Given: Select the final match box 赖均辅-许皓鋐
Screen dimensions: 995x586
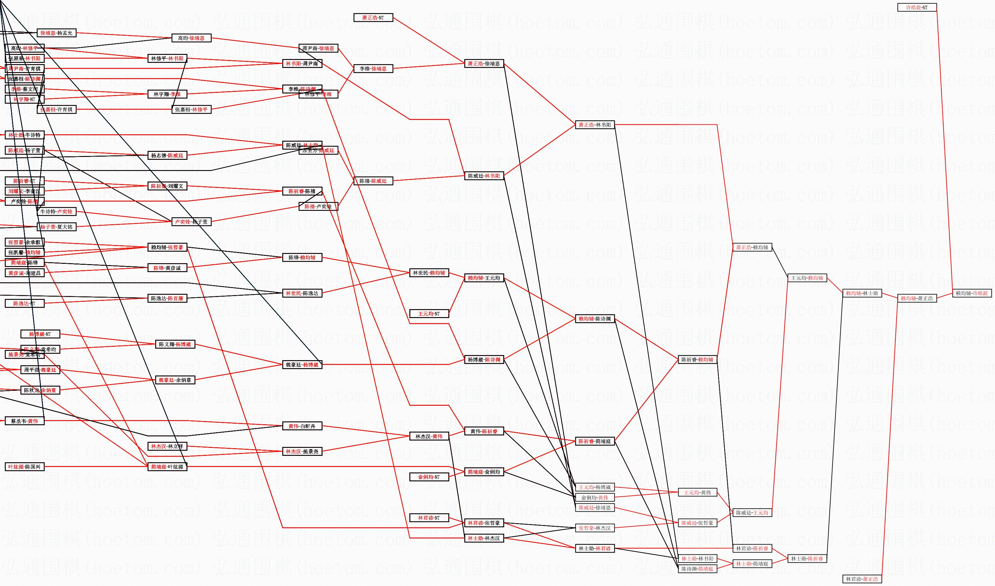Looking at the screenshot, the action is (x=972, y=293).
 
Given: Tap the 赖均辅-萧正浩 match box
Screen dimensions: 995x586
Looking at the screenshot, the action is (x=917, y=299).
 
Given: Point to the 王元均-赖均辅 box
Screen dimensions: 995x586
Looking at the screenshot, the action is (x=807, y=278).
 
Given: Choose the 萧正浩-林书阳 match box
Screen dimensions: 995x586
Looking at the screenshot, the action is (x=595, y=125).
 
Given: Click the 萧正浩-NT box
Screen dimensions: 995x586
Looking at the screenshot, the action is (x=373, y=18).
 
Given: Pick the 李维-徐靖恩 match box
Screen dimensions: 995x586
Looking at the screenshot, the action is (x=373, y=69).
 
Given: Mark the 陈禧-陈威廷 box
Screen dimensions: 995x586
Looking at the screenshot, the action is (x=373, y=181).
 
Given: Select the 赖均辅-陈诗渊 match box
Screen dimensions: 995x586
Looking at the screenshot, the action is (x=595, y=319).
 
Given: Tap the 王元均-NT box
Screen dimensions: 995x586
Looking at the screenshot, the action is (x=429, y=314).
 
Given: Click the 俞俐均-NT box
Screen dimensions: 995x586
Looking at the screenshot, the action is (x=429, y=477).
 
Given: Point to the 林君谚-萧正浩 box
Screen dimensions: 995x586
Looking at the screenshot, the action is (x=862, y=579).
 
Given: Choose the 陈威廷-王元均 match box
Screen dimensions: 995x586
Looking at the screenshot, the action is (x=752, y=513).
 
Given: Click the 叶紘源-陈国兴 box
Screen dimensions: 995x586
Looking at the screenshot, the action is (x=25, y=467).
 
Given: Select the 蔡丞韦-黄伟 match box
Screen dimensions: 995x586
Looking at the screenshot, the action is (x=25, y=421).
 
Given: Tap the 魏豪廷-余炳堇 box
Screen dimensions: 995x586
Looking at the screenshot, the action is (x=175, y=380).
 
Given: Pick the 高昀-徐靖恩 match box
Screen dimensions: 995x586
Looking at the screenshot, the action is (x=191, y=38).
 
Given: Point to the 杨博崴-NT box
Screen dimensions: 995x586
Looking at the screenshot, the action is (x=40, y=334).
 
